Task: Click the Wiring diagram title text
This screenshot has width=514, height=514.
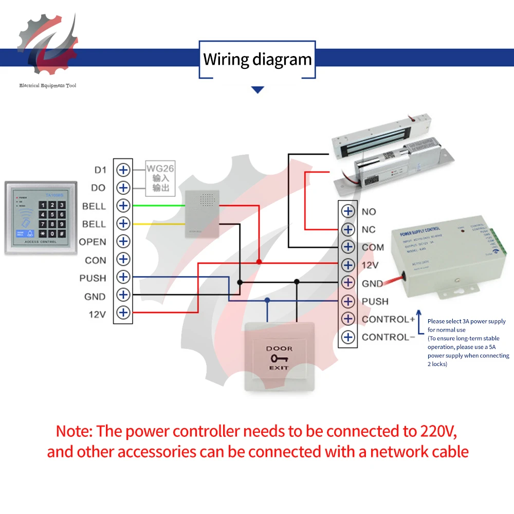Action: click(x=258, y=59)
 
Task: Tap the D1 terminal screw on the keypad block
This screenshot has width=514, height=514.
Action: click(x=123, y=170)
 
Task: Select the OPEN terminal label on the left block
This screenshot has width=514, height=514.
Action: click(x=93, y=242)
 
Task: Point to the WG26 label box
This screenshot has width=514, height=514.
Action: click(x=157, y=178)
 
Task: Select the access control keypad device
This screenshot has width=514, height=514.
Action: click(x=41, y=217)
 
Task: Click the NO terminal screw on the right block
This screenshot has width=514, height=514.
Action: click(x=348, y=211)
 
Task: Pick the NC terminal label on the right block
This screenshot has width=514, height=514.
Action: click(x=369, y=229)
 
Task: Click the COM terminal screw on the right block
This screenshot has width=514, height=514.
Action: click(x=348, y=247)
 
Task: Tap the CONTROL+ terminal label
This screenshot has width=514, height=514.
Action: click(x=388, y=319)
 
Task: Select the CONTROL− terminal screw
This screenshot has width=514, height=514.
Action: click(x=348, y=337)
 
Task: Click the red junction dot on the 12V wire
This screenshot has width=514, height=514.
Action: click(x=259, y=262)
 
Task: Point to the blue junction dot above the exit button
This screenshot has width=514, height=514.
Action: click(x=267, y=300)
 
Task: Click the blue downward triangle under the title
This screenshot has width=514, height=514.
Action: click(x=258, y=90)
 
